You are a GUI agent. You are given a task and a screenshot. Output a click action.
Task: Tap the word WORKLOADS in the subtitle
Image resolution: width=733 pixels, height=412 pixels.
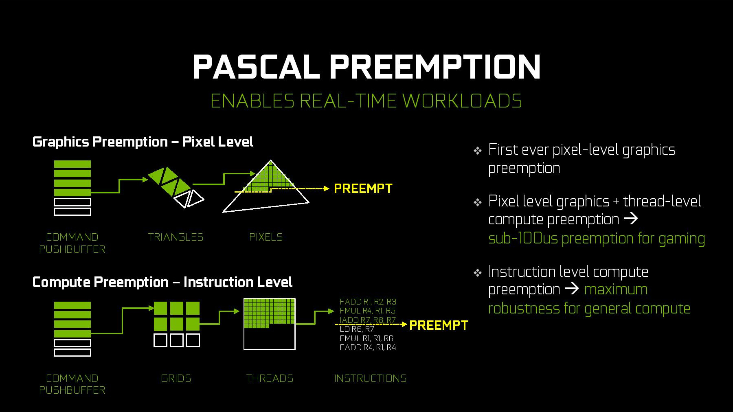(462, 101)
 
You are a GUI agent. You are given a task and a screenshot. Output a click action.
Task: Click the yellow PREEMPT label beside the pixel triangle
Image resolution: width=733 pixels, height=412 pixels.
(363, 188)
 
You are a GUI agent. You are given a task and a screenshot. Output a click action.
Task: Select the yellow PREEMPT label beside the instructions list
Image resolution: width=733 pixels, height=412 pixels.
(439, 325)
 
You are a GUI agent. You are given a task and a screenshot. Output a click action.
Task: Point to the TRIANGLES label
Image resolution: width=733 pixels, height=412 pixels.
(176, 237)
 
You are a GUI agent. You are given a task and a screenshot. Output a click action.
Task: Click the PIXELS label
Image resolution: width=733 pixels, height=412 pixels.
(266, 237)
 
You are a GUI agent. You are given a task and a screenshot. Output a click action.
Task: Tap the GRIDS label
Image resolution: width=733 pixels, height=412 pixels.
(176, 378)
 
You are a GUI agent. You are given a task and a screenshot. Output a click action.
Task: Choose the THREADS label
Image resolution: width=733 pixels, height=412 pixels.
(270, 378)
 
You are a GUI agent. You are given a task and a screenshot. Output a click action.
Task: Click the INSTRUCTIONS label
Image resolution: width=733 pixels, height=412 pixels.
(370, 378)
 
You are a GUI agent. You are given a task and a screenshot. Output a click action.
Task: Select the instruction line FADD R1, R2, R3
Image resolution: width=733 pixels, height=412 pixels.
(368, 302)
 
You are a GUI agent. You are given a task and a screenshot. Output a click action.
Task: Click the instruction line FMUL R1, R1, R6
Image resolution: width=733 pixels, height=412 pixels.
(366, 338)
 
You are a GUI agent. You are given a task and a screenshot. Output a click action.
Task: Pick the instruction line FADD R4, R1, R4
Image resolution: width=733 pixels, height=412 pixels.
(368, 347)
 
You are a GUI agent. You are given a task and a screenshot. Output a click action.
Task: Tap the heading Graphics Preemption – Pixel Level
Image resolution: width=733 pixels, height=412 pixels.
(143, 142)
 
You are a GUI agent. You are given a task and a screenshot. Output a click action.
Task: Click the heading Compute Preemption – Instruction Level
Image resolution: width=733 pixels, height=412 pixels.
(162, 282)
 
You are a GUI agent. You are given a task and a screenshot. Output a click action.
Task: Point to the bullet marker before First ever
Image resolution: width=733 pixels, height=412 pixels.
(478, 151)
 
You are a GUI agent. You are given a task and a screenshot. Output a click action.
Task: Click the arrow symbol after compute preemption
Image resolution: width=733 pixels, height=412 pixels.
(631, 219)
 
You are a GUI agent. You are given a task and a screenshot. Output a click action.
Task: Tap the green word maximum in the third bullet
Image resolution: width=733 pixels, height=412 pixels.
(616, 289)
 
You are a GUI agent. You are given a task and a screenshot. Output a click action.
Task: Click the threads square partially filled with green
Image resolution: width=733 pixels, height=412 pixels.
(270, 324)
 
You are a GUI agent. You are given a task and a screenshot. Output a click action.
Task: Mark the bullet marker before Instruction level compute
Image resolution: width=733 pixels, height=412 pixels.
(478, 273)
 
